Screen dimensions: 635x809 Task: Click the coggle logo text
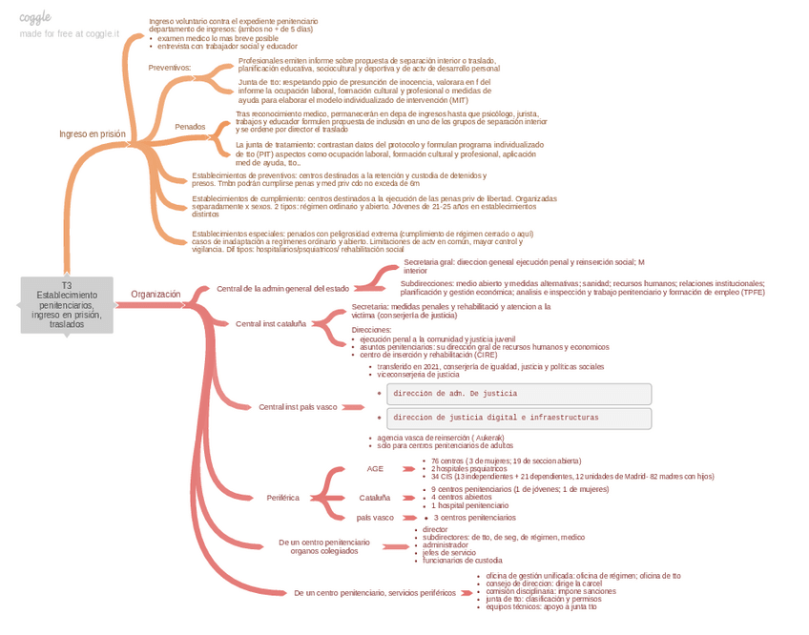(35, 17)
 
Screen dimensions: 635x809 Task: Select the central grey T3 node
(67, 305)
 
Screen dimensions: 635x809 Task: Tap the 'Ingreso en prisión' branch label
(93, 134)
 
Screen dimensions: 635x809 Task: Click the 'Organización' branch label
(156, 295)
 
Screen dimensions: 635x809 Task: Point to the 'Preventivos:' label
(170, 68)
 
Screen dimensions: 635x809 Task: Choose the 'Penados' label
(190, 127)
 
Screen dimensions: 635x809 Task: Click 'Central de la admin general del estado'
(282, 288)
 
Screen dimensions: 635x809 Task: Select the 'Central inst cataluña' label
(271, 323)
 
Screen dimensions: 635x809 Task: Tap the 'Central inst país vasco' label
(298, 407)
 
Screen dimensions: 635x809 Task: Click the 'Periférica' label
(282, 497)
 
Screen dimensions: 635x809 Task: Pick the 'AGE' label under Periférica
(375, 469)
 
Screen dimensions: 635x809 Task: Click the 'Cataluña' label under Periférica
(374, 497)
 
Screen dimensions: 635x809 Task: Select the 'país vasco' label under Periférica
(375, 518)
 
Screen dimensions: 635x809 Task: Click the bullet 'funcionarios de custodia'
(462, 561)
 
